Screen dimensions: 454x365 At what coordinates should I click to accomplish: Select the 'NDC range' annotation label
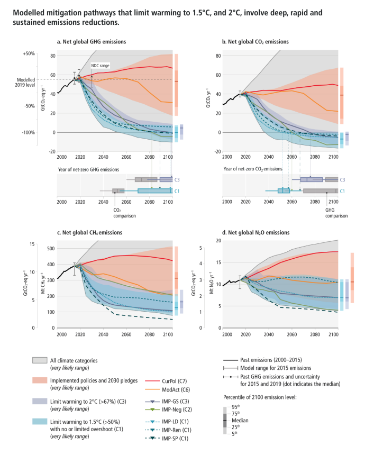101,66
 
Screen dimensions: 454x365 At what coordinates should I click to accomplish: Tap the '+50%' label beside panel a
29,53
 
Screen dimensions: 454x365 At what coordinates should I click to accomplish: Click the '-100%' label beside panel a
29,132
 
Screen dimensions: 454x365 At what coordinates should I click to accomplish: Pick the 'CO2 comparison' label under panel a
125,213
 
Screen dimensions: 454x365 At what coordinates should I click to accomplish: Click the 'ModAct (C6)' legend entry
175,388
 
